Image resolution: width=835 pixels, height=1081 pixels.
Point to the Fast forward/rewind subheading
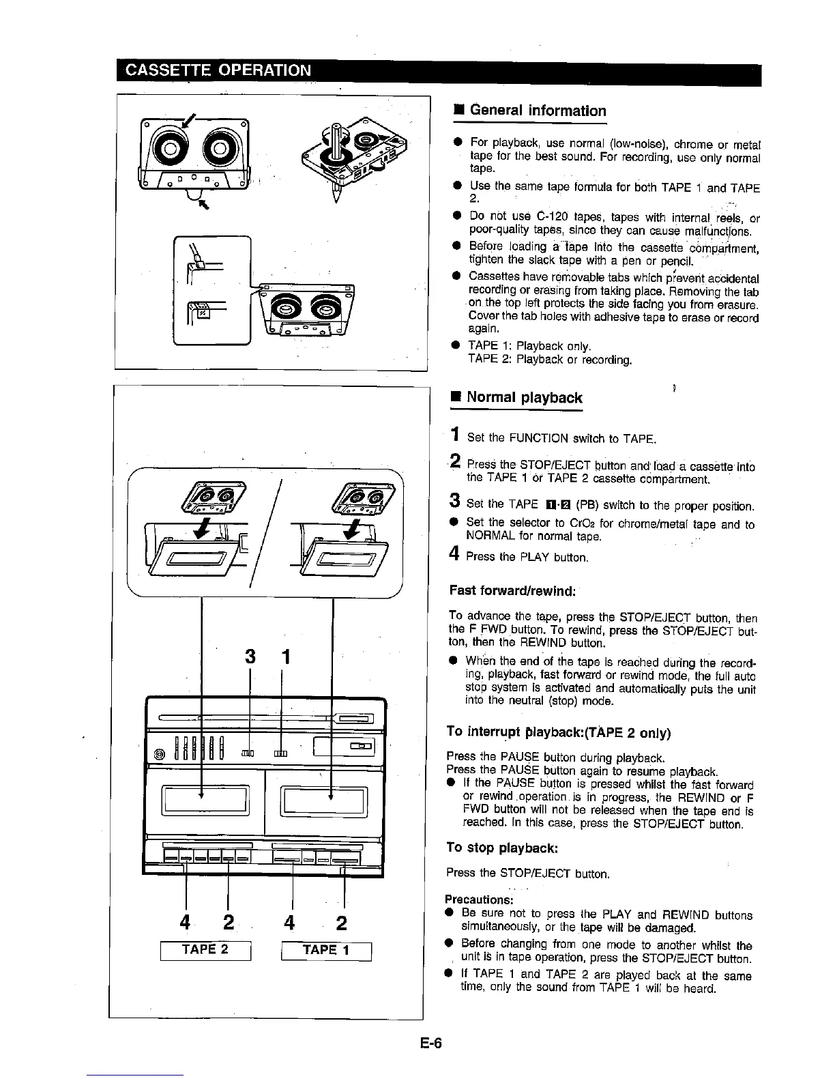pyautogui.click(x=513, y=590)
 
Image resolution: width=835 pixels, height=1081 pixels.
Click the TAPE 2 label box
pyautogui.click(x=206, y=950)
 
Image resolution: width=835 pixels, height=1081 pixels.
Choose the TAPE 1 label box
pyautogui.click(x=326, y=950)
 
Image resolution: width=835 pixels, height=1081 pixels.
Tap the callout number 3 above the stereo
pyautogui.click(x=250, y=657)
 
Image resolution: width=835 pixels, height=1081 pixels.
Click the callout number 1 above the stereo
pyautogui.click(x=286, y=657)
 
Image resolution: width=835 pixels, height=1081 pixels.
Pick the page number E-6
pyautogui.click(x=431, y=1042)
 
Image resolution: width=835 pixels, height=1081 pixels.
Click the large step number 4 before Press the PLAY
pyautogui.click(x=454, y=555)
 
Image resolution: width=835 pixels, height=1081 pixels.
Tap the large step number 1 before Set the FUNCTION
pyautogui.click(x=455, y=435)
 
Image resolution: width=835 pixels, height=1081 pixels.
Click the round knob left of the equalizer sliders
pyautogui.click(x=160, y=753)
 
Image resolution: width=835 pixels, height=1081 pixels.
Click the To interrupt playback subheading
pyautogui.click(x=558, y=732)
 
